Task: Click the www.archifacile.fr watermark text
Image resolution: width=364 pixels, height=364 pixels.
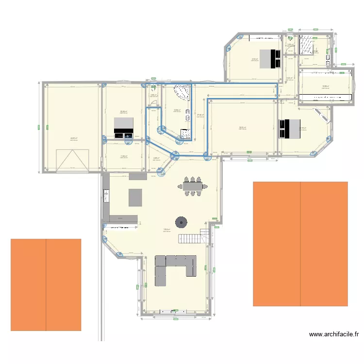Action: (333, 334)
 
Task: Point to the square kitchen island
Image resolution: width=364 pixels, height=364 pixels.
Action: (135, 198)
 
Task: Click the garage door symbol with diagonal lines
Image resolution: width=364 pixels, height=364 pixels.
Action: (73, 161)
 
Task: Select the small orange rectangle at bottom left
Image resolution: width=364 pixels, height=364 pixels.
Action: (46, 285)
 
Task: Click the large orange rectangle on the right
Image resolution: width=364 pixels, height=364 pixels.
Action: (300, 244)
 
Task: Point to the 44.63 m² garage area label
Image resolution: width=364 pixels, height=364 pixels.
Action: (73, 138)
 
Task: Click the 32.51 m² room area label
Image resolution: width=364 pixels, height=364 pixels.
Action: (242, 128)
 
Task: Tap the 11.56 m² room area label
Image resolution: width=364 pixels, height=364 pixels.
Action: (123, 156)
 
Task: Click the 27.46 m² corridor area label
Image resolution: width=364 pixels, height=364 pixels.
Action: (200, 115)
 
